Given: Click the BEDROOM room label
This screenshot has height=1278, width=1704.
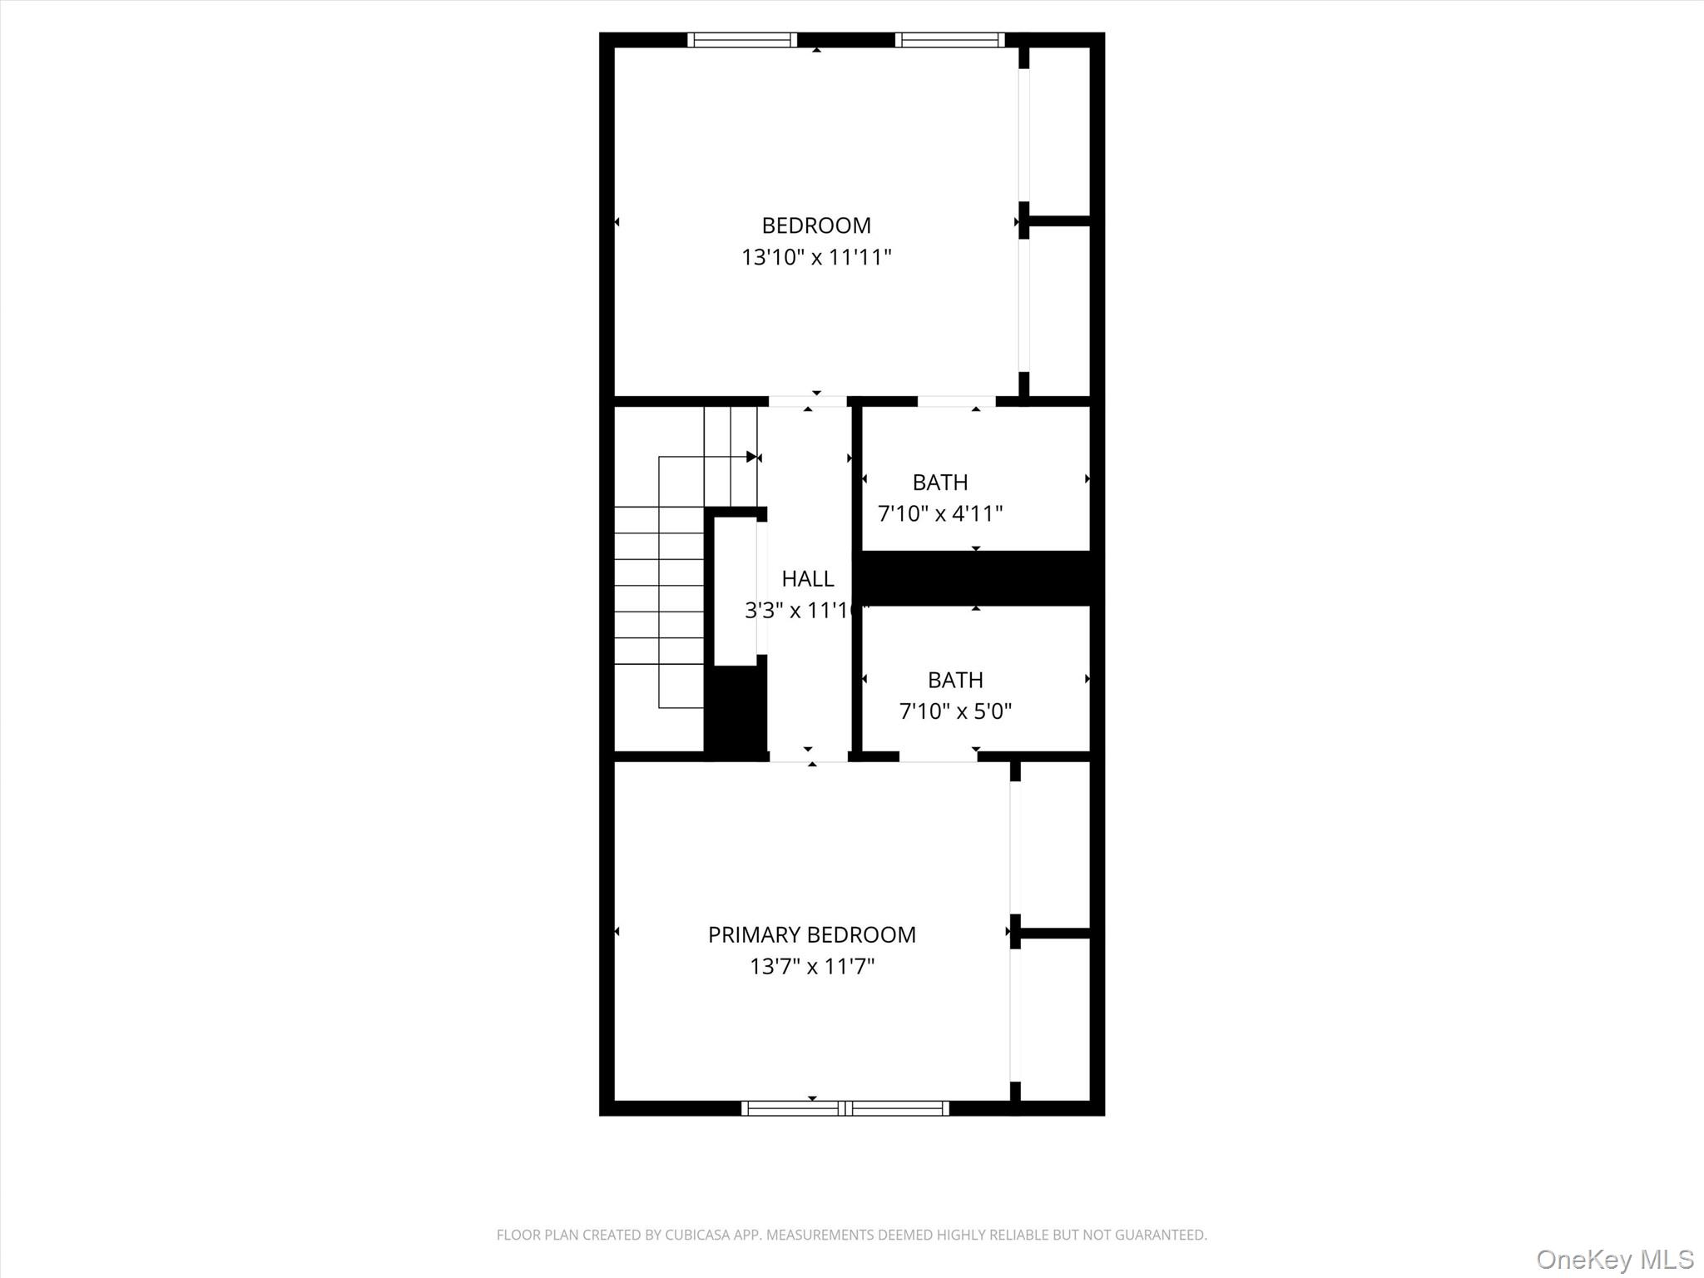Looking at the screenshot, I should point(816,225).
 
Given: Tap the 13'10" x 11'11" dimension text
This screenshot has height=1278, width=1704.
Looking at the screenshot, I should point(816,257).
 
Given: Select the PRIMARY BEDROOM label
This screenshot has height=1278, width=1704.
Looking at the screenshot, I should point(811,934).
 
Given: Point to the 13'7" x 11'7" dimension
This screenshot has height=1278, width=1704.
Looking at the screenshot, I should point(811,966).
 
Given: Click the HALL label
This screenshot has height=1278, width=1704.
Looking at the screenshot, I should point(807,578).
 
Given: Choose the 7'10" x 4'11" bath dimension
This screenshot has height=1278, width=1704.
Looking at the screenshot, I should point(940,513).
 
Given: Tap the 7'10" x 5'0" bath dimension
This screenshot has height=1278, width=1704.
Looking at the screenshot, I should point(955,711).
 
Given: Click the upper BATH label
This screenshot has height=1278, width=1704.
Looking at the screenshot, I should point(940,482).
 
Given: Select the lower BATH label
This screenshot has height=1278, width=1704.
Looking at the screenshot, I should point(955,680).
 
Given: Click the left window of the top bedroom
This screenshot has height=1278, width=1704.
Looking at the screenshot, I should point(742,40).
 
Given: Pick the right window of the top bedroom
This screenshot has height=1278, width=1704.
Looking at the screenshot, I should point(949,40).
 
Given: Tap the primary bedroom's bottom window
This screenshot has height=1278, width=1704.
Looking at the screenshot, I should point(845,1107).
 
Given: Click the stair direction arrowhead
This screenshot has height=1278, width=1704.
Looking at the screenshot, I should point(751,457).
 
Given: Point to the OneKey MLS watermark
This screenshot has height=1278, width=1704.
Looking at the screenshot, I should point(1614,1259).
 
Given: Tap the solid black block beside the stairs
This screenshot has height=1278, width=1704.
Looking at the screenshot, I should point(736,711).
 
